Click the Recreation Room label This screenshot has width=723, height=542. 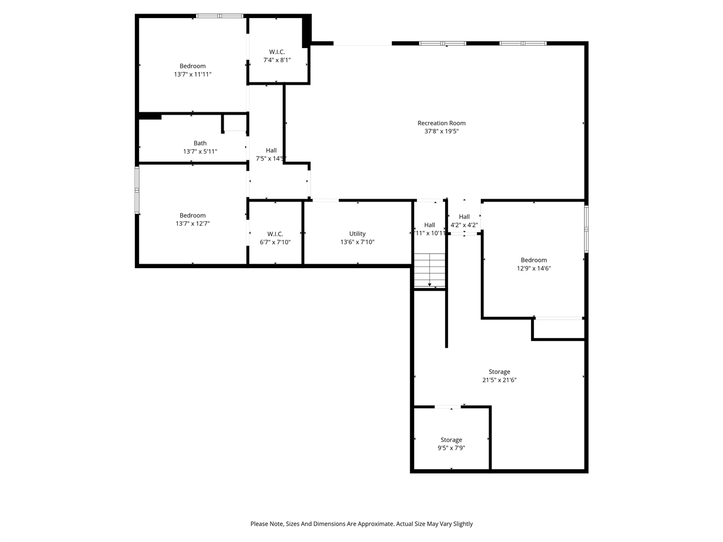click(x=441, y=123)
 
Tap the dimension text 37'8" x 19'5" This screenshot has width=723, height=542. click(x=441, y=132)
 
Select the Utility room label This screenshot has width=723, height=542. click(x=357, y=234)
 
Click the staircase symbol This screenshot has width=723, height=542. click(x=430, y=270)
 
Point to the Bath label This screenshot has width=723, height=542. click(x=200, y=143)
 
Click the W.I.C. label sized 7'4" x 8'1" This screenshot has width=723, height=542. click(x=277, y=52)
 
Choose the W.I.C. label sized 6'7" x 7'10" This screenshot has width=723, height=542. click(x=275, y=234)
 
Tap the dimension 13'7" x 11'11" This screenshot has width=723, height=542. click(x=193, y=75)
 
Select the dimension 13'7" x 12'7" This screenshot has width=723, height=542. click(x=193, y=224)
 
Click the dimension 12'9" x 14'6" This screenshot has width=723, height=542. click(x=534, y=269)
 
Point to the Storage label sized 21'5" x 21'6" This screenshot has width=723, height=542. click(x=499, y=372)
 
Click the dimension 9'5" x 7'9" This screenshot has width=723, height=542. click(x=451, y=448)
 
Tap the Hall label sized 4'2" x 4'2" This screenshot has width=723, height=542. click(x=464, y=217)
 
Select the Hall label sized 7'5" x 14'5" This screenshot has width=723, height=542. click(x=271, y=151)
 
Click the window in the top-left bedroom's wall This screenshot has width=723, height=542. click(x=220, y=16)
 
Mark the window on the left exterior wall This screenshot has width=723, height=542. click(x=137, y=190)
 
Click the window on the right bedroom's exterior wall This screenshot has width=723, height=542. click(x=586, y=229)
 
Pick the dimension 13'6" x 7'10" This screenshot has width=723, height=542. click(x=357, y=242)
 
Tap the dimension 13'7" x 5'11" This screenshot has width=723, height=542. click(x=200, y=152)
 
